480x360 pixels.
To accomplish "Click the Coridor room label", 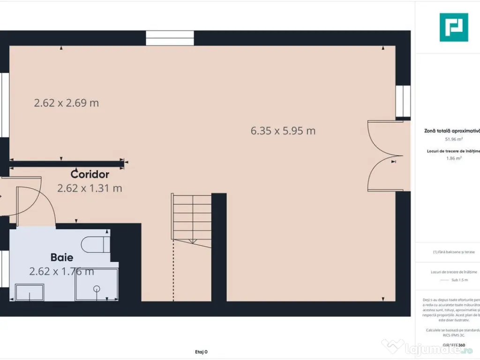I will pyautogui.click(x=90, y=174).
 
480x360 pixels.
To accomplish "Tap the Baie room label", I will pyautogui.click(x=62, y=257).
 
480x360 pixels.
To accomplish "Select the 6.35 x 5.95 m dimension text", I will pyautogui.click(x=283, y=131).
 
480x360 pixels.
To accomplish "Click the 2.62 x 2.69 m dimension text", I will pyautogui.click(x=66, y=103).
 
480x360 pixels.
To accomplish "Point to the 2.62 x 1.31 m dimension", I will pyautogui.click(x=90, y=188).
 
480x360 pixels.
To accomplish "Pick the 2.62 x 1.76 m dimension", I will pyautogui.click(x=61, y=271).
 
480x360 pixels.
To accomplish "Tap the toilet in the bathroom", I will pyautogui.click(x=94, y=244).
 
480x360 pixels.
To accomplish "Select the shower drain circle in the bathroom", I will pyautogui.click(x=97, y=289).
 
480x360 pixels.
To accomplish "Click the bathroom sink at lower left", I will pyautogui.click(x=30, y=292).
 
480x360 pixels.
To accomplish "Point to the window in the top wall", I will pyautogui.click(x=170, y=38).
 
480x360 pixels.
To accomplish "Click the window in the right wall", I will pyautogui.click(x=403, y=101).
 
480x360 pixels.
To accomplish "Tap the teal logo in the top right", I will pyautogui.click(x=453, y=27).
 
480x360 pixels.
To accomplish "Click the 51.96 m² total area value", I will pyautogui.click(x=454, y=139).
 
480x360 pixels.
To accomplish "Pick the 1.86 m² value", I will pyautogui.click(x=454, y=158).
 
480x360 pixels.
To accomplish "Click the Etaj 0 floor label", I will pyautogui.click(x=201, y=352).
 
